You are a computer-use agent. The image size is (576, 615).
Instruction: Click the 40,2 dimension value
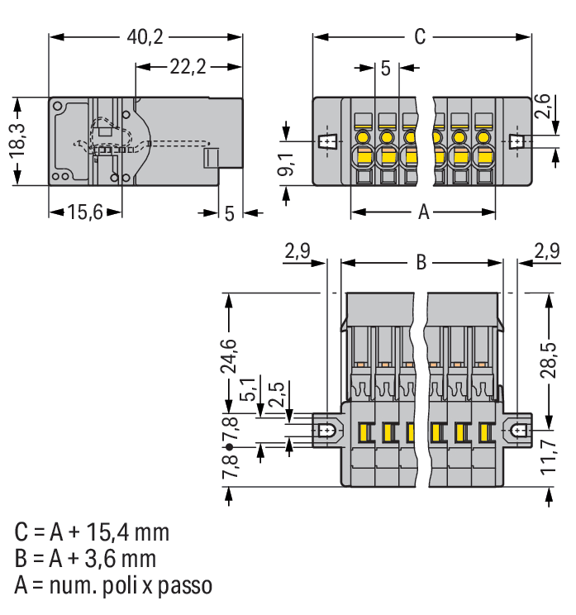tap(145, 37)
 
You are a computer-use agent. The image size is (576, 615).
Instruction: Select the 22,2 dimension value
tap(188, 67)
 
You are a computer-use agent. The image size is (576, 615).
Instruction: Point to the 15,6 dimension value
tap(84, 213)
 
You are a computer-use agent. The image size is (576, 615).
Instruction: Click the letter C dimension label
tap(420, 37)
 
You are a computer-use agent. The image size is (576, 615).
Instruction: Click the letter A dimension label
tap(423, 213)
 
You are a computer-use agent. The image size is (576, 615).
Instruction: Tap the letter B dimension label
tap(421, 263)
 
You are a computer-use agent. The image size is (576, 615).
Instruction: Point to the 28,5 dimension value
tap(549, 356)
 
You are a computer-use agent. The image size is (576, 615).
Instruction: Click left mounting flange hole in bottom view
tap(327, 431)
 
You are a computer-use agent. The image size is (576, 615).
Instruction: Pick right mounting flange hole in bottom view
tap(519, 431)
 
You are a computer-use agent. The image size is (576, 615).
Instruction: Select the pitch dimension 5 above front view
tap(385, 68)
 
